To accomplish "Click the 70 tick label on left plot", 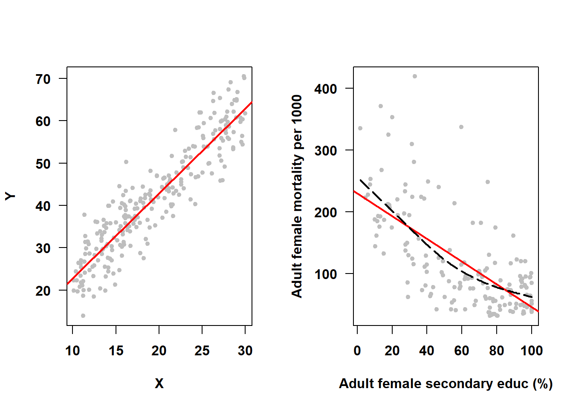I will [x=43, y=79].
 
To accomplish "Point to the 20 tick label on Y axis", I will [x=43, y=291].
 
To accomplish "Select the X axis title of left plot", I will [x=159, y=383].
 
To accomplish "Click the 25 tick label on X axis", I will [x=202, y=351].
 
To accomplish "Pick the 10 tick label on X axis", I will [x=72, y=351].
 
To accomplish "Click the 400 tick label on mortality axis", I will [x=326, y=89].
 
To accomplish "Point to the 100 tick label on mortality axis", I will [x=326, y=274].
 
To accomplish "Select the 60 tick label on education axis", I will [x=461, y=351].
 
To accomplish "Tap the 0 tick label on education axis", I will [x=357, y=351].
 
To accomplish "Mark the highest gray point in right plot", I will [x=414, y=76].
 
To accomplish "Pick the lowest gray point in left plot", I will [x=83, y=316].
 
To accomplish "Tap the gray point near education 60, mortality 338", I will [x=461, y=127].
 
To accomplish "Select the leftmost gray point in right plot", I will [x=360, y=128].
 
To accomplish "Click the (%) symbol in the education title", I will [x=543, y=383].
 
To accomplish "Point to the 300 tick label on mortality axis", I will [x=326, y=151].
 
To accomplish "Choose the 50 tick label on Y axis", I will [x=43, y=164].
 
